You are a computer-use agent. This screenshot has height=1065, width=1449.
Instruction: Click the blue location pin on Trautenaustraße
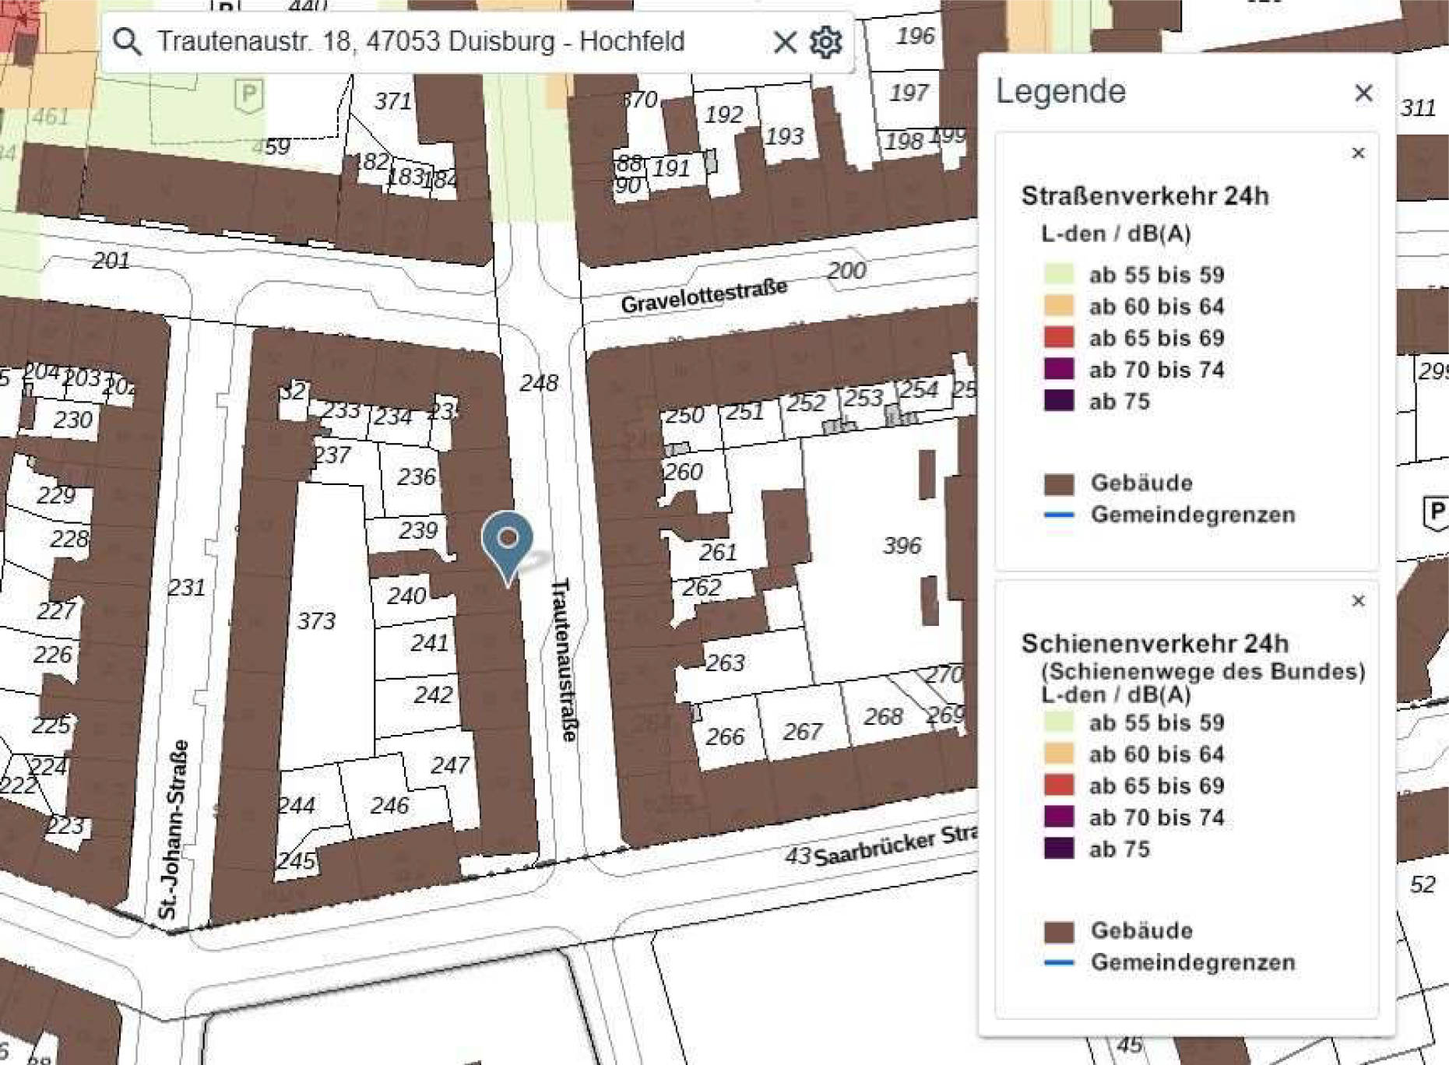(x=507, y=539)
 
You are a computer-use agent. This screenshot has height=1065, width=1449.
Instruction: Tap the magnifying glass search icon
(x=128, y=41)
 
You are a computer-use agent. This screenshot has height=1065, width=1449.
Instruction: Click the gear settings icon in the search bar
(x=825, y=41)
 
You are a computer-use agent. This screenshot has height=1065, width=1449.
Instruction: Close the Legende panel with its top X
(x=1363, y=93)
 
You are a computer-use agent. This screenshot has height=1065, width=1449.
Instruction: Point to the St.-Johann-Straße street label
(x=173, y=829)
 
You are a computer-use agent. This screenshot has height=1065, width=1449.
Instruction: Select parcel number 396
(x=902, y=546)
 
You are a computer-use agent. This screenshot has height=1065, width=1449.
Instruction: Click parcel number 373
(x=316, y=620)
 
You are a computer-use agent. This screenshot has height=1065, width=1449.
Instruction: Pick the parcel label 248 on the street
(x=539, y=383)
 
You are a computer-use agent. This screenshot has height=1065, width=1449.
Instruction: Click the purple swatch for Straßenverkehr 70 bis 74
(x=1059, y=369)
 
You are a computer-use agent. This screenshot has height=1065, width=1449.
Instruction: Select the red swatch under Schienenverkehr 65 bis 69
(x=1059, y=785)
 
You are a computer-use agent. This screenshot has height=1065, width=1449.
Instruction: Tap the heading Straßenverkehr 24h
(x=1145, y=196)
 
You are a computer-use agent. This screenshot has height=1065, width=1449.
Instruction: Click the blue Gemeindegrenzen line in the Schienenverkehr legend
(x=1059, y=962)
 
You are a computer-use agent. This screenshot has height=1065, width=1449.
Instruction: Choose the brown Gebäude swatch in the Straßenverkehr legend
(x=1059, y=483)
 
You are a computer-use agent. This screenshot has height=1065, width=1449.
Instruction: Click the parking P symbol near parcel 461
(x=248, y=97)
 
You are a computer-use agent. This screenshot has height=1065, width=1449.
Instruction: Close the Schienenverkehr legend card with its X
(x=1358, y=601)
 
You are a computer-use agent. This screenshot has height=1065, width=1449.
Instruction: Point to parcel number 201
(x=111, y=261)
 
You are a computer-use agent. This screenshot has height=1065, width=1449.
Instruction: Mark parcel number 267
(x=802, y=732)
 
